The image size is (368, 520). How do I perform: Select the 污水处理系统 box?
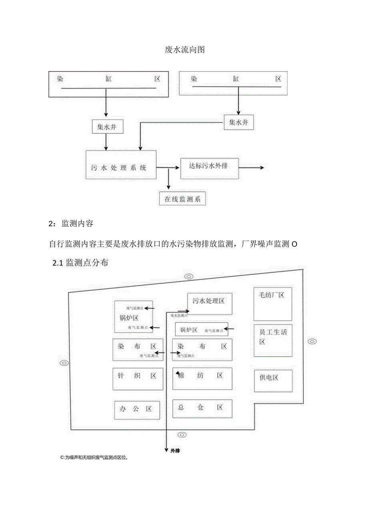(x=121, y=164)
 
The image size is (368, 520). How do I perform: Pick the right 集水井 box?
(x=239, y=122)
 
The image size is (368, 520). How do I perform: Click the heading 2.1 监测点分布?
(x=80, y=263)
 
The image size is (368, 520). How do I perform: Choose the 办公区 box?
(x=137, y=410)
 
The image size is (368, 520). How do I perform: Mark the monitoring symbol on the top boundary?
(x=188, y=277)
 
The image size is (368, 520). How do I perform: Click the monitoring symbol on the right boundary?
(x=312, y=341)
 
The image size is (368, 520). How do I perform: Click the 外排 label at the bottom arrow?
(x=175, y=450)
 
